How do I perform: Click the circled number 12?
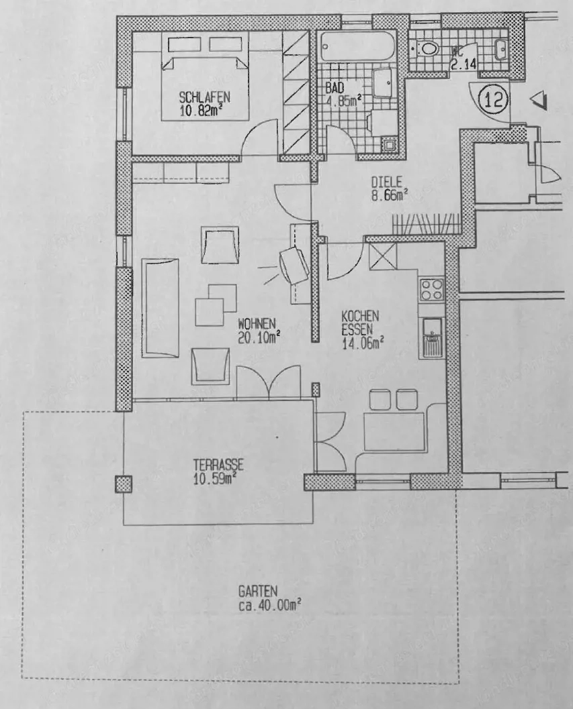coord(493,101)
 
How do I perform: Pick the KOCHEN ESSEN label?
coord(361,321)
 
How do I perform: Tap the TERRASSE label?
coord(218,464)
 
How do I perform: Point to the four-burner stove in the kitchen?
coord(431,290)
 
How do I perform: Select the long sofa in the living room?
coord(161,307)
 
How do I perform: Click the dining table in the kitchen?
coord(394,432)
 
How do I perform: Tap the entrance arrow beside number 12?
coord(539,101)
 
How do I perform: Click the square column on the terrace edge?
coord(123,484)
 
